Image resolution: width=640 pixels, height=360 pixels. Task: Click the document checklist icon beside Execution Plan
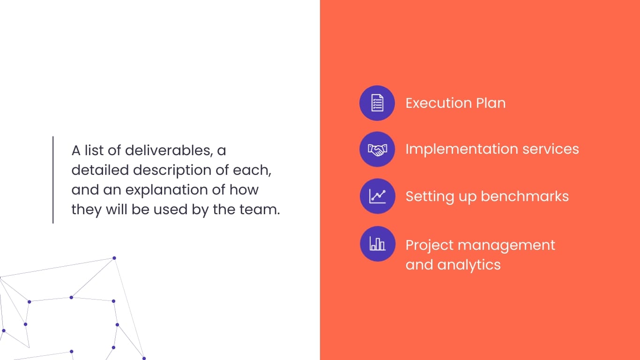[377, 103]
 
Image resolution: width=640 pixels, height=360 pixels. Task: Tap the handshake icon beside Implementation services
[377, 149]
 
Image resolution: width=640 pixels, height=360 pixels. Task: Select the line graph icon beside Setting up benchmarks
[378, 196]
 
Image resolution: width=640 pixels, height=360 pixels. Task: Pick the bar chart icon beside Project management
[378, 244]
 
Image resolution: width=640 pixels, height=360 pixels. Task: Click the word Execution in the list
[439, 103]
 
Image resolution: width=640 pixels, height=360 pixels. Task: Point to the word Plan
[491, 103]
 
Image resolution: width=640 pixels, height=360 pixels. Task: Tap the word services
[551, 149]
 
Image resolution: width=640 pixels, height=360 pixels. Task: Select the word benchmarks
[525, 196]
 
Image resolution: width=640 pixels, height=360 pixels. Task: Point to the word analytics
[469, 265]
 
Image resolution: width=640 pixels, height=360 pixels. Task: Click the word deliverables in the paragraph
[169, 150]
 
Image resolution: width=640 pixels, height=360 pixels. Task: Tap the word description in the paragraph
[172, 171]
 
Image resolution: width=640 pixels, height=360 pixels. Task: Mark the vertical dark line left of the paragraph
[53, 180]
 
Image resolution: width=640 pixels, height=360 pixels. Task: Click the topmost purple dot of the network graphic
[114, 258]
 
